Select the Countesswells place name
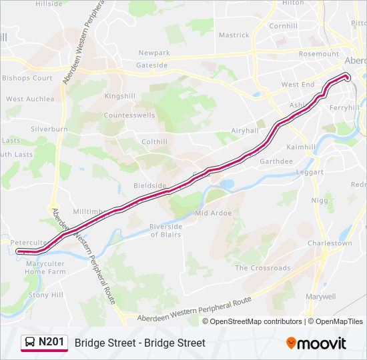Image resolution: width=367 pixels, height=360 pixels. coord(129,115)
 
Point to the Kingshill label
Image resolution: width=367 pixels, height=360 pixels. coord(119,96)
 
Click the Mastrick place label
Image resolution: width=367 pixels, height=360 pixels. coord(234,35)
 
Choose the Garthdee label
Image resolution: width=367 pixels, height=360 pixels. coord(276,161)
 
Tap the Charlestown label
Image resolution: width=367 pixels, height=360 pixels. coord(330,243)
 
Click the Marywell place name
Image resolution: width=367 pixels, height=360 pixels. coord(320,296)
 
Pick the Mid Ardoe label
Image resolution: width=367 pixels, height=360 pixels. coord(213,213)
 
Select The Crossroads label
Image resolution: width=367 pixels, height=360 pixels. coord(262,268)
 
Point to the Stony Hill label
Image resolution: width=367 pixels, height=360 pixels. coord(46,295)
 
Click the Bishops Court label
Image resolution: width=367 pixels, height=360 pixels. coord(27,78)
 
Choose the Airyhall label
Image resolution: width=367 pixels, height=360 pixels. coord(244,131)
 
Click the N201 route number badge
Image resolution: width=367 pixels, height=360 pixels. coord(51,343)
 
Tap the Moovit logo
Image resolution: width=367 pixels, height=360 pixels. coord(316,343)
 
